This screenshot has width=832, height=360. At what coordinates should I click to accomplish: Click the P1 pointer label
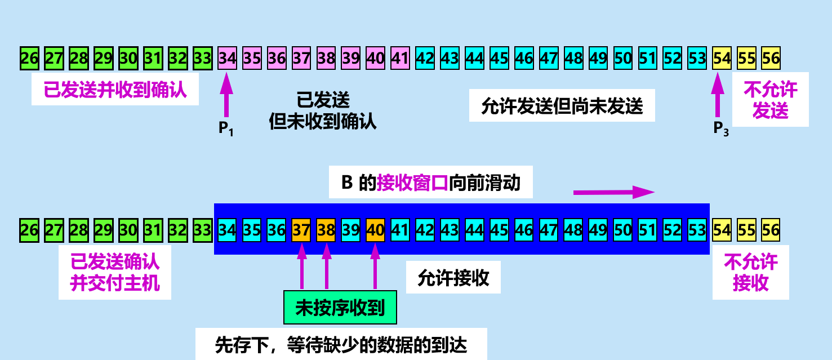click(x=226, y=129)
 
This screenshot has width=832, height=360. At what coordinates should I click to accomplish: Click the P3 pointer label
click(x=720, y=129)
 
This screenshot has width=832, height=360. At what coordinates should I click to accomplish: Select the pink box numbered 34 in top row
click(x=227, y=58)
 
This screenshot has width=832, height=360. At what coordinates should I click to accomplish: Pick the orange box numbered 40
click(x=376, y=230)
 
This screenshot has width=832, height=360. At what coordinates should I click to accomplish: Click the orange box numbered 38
click(x=326, y=230)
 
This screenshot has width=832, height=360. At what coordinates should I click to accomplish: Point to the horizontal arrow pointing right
click(x=613, y=192)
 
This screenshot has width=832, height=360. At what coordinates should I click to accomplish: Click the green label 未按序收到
click(x=340, y=308)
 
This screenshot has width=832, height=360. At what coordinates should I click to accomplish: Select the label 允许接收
click(x=453, y=278)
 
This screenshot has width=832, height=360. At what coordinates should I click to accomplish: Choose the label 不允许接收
click(x=750, y=272)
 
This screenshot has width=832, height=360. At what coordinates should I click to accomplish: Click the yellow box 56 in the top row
click(x=771, y=58)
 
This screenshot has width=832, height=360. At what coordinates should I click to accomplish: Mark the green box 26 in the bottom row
click(x=29, y=230)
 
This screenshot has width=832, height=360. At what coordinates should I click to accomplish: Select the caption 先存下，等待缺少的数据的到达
click(x=341, y=344)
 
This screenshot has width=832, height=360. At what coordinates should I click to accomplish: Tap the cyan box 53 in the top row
click(x=697, y=58)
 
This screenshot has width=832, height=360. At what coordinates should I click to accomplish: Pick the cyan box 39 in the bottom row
click(x=351, y=230)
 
